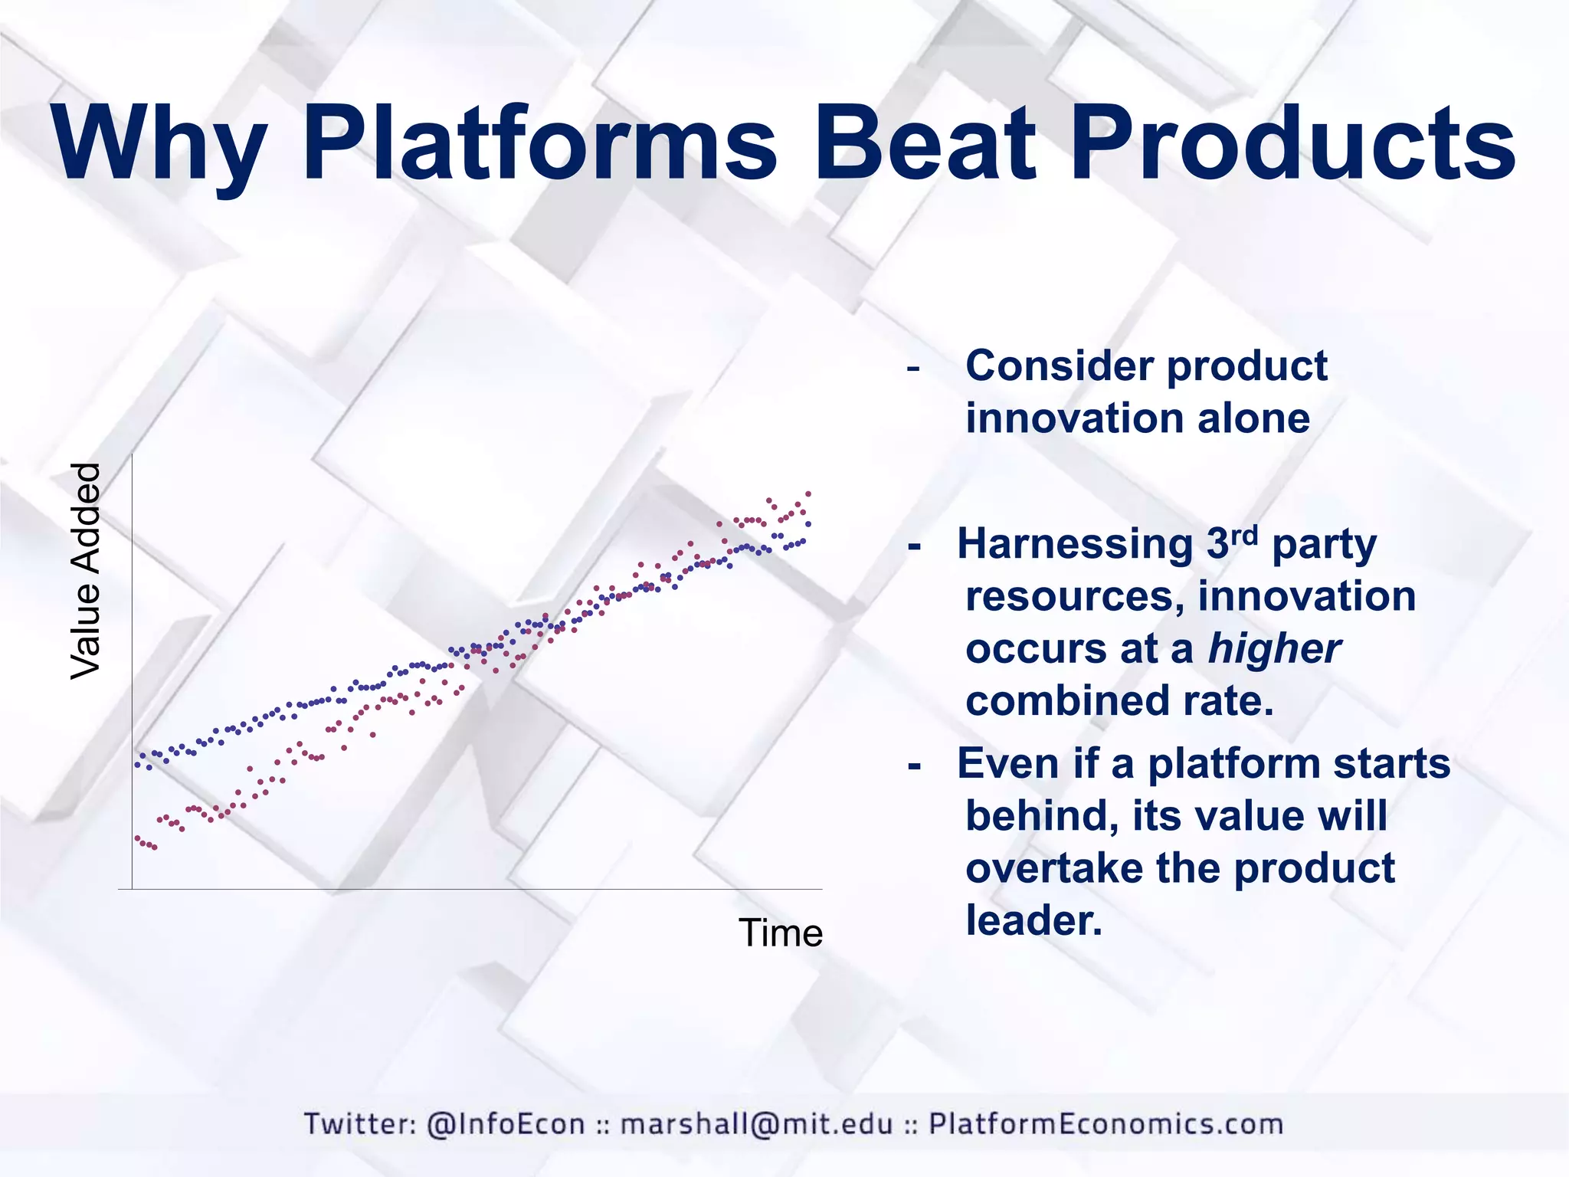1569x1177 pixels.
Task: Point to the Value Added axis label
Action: pyautogui.click(x=85, y=571)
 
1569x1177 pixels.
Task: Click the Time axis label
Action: pyautogui.click(x=780, y=933)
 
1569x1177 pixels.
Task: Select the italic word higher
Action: pyautogui.click(x=1274, y=648)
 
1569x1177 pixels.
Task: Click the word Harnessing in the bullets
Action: pyautogui.click(x=1075, y=544)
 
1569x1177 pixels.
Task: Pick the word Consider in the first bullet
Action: pyautogui.click(x=1058, y=366)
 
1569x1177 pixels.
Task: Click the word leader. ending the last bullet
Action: pyautogui.click(x=1033, y=920)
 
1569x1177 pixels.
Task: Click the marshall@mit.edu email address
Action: pyautogui.click(x=756, y=1123)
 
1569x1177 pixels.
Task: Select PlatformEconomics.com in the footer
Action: pyautogui.click(x=1106, y=1123)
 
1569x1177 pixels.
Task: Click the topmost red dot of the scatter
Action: pyautogui.click(x=808, y=493)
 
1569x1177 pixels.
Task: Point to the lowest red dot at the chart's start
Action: pyautogui.click(x=154, y=848)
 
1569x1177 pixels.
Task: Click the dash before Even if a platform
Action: pyautogui.click(x=914, y=766)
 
